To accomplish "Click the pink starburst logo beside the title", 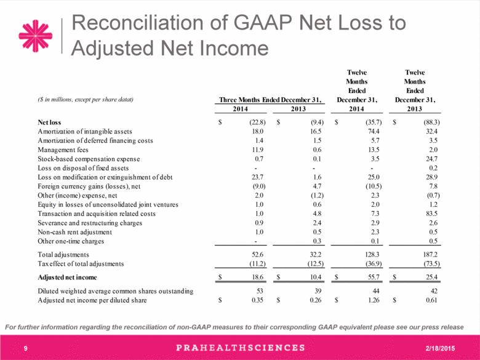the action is pos(36,36).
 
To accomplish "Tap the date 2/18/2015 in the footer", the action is pos(440,348).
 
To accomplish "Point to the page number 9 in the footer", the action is pos(26,348).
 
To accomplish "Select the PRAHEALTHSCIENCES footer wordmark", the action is pos(241,348).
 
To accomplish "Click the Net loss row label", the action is pos(49,122).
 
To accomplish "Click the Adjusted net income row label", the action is pos(67,278).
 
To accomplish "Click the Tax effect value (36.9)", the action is pos(374,264).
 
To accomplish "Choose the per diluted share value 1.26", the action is pos(374,300).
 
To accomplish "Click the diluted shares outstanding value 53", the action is pos(260,291).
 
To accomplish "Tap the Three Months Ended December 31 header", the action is pos(270,100).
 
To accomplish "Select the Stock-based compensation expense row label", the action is pos(89,159).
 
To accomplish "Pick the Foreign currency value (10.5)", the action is pos(374,186).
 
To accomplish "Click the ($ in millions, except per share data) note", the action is pos(86,100).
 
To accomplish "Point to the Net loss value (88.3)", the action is pos(431,122).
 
